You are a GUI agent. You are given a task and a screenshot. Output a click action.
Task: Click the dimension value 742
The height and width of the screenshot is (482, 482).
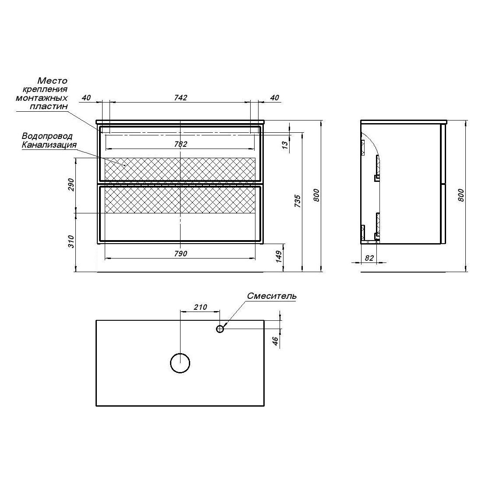point(181,97)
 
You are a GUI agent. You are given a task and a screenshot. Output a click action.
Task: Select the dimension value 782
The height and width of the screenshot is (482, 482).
point(181,144)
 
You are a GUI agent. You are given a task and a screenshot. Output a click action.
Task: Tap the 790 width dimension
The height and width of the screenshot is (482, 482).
point(181,254)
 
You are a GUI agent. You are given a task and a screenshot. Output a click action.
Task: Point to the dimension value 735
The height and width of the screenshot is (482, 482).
point(298,201)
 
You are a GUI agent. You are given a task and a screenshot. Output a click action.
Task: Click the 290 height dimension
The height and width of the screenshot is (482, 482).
point(71,184)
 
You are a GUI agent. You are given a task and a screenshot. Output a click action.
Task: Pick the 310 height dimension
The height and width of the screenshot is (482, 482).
point(71,241)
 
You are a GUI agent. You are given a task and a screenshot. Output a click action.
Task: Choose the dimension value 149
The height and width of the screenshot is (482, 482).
point(279,257)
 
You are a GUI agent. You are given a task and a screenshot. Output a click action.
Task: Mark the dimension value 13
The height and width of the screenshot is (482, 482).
point(285,145)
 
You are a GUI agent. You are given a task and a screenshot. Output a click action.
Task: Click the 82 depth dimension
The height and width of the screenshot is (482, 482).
point(369,258)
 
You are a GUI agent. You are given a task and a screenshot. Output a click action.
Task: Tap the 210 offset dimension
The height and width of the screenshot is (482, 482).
point(200,307)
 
